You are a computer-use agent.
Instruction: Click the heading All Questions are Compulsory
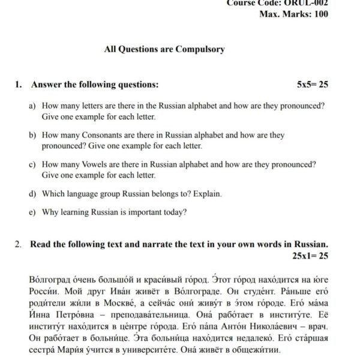(164, 49)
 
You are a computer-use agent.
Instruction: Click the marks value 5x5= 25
(313, 85)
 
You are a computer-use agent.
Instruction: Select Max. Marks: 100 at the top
(293, 14)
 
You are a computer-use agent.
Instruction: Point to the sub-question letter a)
(32, 106)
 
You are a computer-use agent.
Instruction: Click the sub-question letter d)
(32, 194)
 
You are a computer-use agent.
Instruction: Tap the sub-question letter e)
(32, 212)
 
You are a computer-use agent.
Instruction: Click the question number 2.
(19, 245)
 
